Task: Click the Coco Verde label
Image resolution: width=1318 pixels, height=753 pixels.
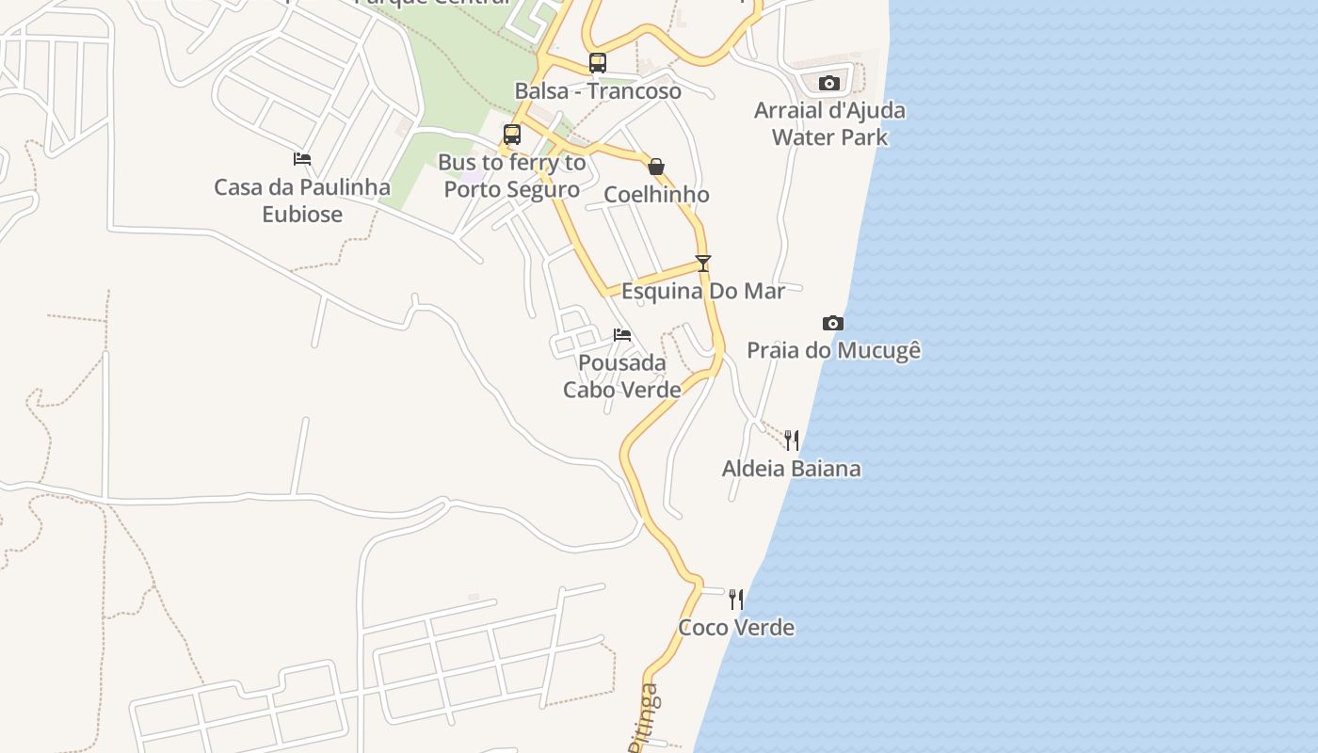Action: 736,628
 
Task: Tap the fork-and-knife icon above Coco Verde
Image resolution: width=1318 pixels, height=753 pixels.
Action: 736,599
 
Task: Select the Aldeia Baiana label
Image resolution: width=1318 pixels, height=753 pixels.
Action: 791,469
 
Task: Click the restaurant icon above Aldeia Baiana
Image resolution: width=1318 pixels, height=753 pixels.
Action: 791,440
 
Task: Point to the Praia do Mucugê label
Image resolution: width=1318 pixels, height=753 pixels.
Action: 833,351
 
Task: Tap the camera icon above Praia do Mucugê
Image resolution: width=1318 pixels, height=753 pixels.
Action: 832,324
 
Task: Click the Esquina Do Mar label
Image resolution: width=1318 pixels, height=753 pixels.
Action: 702,291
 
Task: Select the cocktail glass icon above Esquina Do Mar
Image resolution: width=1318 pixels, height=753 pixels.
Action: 702,264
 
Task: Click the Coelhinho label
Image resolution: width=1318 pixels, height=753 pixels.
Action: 656,195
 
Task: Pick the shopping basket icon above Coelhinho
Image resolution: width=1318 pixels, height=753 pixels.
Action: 656,167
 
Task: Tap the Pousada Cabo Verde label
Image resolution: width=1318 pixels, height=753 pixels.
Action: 621,376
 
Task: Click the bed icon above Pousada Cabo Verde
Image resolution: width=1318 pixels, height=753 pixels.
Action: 621,335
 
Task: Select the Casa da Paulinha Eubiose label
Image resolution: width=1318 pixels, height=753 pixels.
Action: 302,200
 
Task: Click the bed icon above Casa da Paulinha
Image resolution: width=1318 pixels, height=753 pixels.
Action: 302,159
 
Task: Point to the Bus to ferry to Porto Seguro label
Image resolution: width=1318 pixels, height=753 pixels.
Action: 512,176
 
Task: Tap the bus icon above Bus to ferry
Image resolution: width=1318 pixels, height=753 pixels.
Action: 512,135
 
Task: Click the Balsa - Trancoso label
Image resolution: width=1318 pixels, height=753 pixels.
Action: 598,91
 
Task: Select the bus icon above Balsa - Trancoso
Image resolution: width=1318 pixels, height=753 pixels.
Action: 598,63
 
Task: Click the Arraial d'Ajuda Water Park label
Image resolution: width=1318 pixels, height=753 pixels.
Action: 829,123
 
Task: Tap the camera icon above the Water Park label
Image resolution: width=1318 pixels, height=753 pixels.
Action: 828,84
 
